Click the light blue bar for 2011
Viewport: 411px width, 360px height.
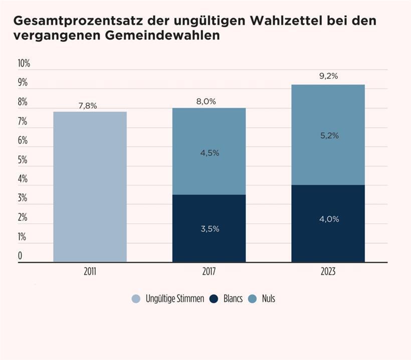[90, 186]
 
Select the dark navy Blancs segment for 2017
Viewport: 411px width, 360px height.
[209, 228]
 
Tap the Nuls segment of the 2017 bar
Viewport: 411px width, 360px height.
[209, 151]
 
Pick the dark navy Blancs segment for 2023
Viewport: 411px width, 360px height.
[328, 223]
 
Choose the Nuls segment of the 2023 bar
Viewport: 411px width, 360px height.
[328, 135]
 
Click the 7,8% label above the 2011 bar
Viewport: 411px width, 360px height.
[88, 106]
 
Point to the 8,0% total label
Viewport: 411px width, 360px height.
[206, 102]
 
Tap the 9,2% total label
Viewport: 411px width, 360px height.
[328, 76]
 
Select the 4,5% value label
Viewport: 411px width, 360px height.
[210, 153]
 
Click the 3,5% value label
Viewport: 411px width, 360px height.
[210, 229]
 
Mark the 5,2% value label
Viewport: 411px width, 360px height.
[329, 135]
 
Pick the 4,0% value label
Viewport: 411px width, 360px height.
[329, 219]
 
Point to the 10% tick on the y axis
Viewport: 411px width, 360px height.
[24, 64]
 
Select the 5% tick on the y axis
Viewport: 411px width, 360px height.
[23, 160]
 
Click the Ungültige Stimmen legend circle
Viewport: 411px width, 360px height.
[136, 299]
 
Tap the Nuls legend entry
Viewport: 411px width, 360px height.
[263, 299]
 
